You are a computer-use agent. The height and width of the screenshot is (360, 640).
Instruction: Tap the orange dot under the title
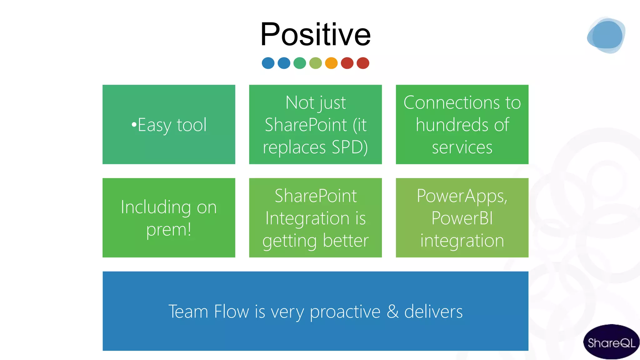click(331, 63)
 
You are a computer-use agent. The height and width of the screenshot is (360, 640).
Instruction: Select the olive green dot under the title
click(316, 63)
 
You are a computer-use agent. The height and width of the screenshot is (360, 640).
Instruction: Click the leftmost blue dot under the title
click(268, 63)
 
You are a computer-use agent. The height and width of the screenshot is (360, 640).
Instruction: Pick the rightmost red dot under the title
click(363, 63)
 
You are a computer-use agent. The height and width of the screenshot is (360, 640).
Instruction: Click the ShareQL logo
click(611, 342)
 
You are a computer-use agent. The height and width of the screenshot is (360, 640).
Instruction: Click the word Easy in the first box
click(154, 125)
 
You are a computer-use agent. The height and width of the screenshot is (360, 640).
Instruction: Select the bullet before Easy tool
click(134, 125)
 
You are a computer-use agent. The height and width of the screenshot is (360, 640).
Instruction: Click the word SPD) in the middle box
click(350, 147)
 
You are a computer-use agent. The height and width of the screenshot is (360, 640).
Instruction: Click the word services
click(462, 147)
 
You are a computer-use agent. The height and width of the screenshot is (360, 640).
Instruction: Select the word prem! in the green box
click(169, 230)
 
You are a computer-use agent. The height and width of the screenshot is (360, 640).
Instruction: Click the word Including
click(156, 207)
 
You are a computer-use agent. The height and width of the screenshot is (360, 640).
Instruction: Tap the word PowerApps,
click(462, 196)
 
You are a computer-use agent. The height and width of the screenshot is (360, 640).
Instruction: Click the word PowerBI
click(462, 218)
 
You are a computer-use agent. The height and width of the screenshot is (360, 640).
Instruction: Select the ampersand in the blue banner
click(393, 312)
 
